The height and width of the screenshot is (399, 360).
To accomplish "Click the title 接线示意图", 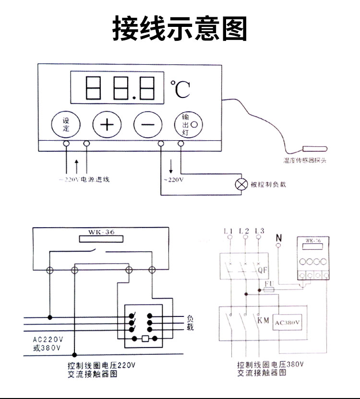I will click(x=180, y=28).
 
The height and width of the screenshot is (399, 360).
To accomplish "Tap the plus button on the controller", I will click(x=106, y=125).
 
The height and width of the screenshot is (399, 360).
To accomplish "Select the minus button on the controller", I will click(x=146, y=125).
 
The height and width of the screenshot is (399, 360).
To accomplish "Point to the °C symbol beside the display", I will click(x=180, y=89).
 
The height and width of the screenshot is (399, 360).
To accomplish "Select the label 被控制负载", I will click(x=268, y=184).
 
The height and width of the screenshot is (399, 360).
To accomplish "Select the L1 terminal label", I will click(x=228, y=231).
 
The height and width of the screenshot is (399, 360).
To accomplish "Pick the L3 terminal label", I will click(x=260, y=231).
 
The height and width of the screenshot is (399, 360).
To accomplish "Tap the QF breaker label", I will click(x=262, y=270).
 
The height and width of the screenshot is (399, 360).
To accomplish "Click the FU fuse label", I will click(x=269, y=284).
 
